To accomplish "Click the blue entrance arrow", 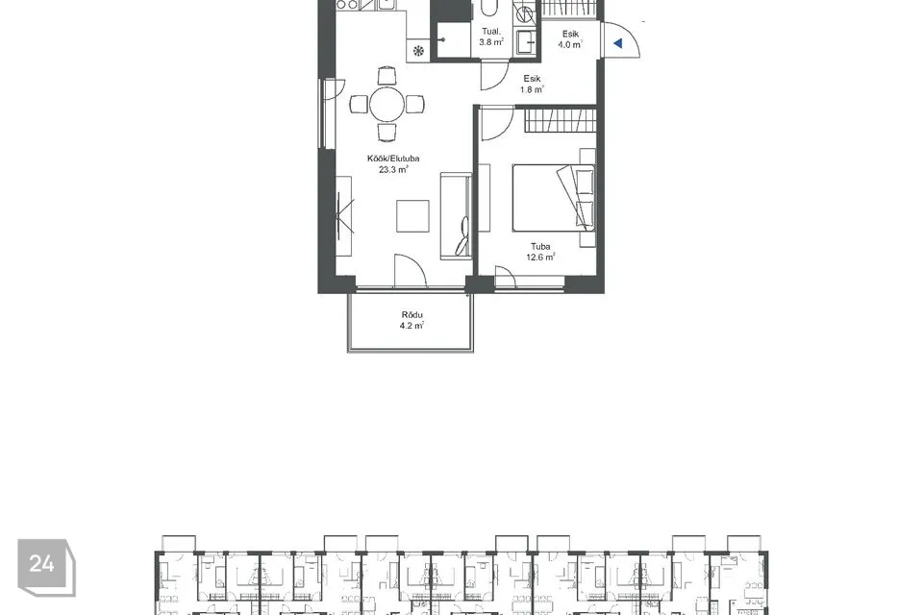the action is coord(618,43).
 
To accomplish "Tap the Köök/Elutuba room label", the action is coord(393,159).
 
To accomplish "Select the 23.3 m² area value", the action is coord(393,169).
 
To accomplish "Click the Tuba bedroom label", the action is coord(540,247).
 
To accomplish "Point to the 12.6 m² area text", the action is coord(540,258).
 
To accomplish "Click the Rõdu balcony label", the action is coord(412,315).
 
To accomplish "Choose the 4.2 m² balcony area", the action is coord(412,326).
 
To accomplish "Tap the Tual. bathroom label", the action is coord(491,31).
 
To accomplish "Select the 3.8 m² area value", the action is coord(491,41).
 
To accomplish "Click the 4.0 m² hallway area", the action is coord(570,44).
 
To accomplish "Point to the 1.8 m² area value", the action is coord(532,89).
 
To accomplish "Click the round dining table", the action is coord(387,104).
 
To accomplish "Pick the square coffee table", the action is coord(412,216).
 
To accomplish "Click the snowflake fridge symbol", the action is coord(418,51).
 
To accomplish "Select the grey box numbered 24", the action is coord(46,567).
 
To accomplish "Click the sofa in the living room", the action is coord(456,216).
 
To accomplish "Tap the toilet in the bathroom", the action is coord(489,9).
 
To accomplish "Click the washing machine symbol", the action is coord(525,12).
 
